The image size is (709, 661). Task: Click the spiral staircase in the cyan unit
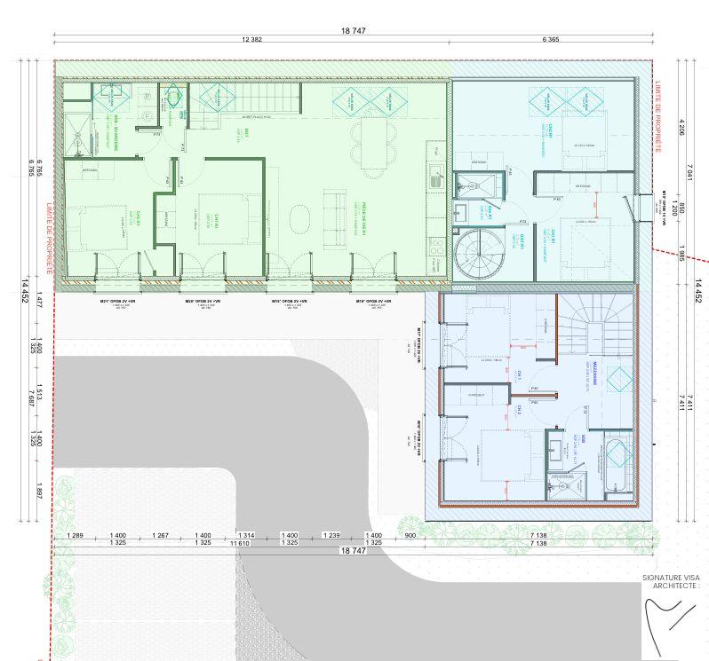point(478,254)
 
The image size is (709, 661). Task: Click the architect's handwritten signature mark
point(666,616)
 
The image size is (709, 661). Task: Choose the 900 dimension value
point(410,536)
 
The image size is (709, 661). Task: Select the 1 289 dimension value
point(75,536)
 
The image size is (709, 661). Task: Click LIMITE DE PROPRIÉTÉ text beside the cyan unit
point(658,116)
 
